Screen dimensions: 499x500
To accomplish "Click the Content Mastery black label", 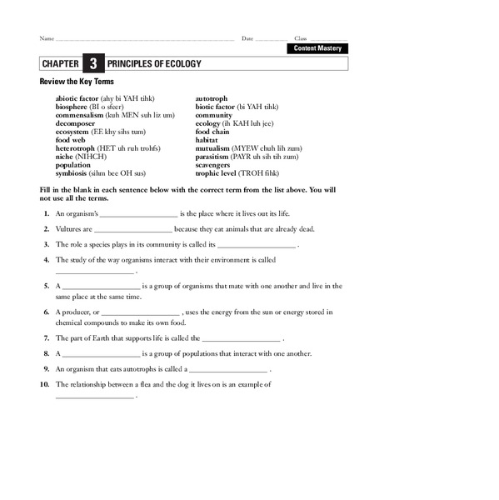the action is click(317, 48).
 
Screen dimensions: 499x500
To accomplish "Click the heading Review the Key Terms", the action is click(77, 82).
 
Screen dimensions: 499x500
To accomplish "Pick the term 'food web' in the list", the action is click(69, 139).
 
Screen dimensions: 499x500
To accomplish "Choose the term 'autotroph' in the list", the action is click(212, 98).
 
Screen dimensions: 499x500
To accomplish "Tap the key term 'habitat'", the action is click(208, 139).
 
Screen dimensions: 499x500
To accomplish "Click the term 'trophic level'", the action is click(218, 172).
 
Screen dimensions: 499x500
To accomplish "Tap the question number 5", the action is click(47, 286).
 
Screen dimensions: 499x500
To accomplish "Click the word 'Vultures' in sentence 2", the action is click(68, 228).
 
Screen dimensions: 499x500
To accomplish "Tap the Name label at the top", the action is click(47, 39).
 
